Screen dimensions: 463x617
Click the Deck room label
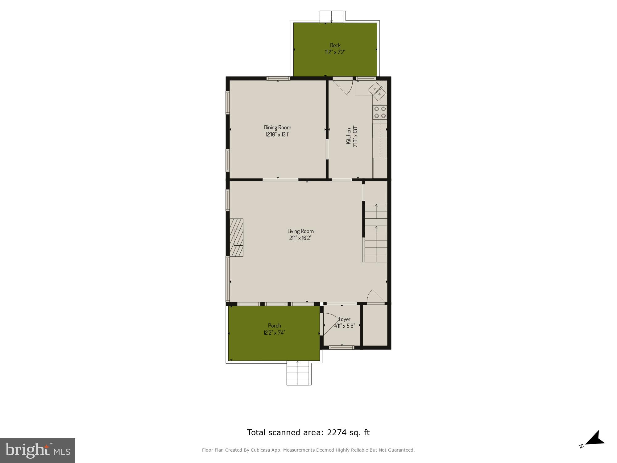point(335,45)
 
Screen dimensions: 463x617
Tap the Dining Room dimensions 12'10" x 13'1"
point(277,135)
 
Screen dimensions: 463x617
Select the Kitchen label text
point(348,136)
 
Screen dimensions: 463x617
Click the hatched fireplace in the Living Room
point(237,237)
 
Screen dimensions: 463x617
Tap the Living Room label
point(300,231)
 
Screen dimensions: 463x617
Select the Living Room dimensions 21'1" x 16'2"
point(300,238)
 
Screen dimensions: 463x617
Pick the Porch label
point(274,326)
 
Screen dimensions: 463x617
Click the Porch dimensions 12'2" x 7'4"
point(274,333)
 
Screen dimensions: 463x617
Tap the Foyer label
point(345,319)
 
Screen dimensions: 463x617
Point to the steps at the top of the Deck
point(332,17)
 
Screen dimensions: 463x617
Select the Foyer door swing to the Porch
point(329,324)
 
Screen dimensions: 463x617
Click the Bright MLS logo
point(38,450)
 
